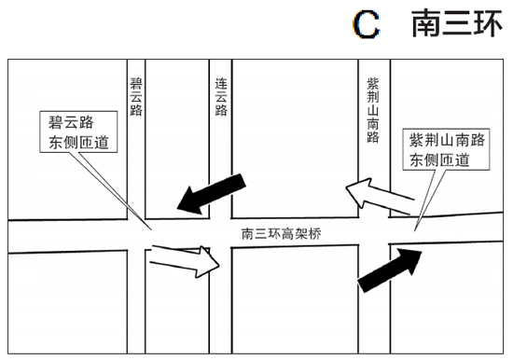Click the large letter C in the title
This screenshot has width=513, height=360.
[367, 25]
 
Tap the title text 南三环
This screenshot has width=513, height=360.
[456, 25]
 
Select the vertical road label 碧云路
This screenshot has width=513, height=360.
[137, 96]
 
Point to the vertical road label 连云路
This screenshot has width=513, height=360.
[221, 96]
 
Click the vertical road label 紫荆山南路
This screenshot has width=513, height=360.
[373, 109]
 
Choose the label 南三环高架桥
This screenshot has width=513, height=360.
[280, 233]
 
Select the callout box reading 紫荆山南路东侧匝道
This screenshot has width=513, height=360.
[448, 149]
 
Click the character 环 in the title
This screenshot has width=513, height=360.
[486, 25]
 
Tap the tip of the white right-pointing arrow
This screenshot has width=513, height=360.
[219, 261]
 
